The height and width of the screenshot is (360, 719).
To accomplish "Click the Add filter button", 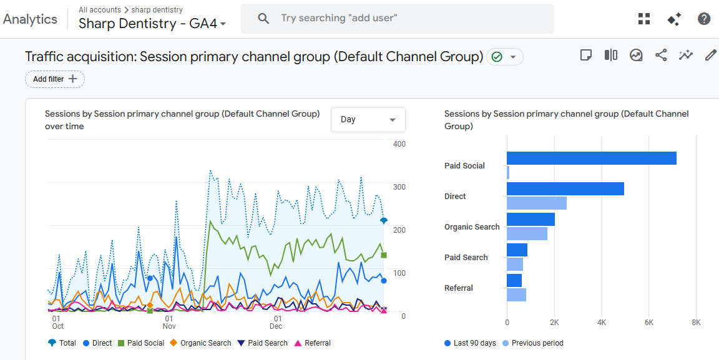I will tap(55, 79).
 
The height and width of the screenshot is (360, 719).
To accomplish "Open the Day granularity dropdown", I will tap(368, 120).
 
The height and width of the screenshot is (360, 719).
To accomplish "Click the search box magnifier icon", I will tap(263, 19).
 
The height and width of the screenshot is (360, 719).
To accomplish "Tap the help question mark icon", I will tap(704, 19).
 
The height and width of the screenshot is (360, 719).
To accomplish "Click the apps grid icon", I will tap(644, 19).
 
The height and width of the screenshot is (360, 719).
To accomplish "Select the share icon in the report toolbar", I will tap(661, 56).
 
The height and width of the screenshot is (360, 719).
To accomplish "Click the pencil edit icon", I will tap(710, 56).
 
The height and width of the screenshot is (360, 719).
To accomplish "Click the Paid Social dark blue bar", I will tap(591, 158).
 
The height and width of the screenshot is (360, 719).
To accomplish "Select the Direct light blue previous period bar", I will tap(536, 203).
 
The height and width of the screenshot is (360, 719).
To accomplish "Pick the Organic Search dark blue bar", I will tap(531, 220).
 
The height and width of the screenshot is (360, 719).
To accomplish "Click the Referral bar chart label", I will tap(458, 288).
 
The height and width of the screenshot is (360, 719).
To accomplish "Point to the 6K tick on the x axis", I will tap(649, 323).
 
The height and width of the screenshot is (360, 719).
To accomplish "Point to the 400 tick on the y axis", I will tap(399, 144).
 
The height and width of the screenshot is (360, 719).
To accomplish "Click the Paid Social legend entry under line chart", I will tap(145, 343).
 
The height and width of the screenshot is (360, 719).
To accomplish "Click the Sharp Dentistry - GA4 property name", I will tap(152, 24).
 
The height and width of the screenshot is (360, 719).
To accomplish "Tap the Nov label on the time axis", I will tap(169, 326).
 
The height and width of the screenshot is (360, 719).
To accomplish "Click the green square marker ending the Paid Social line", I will tap(384, 255).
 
